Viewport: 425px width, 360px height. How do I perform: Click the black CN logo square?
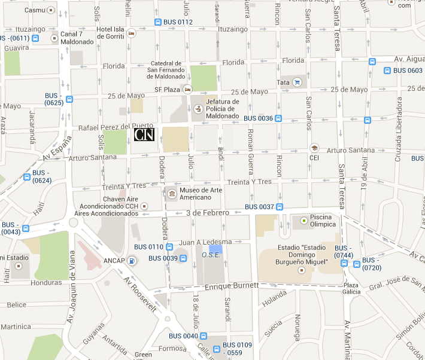tap(144, 135)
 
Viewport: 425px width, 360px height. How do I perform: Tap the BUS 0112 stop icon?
tap(157, 22)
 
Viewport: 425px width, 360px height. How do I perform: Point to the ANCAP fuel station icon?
tap(132, 260)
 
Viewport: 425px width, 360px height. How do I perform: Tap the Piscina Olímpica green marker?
tap(304, 221)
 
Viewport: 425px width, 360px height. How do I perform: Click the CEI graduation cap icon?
tap(314, 147)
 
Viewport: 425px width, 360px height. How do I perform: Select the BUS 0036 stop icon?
tap(279, 118)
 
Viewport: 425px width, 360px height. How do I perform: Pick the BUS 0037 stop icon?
tap(280, 207)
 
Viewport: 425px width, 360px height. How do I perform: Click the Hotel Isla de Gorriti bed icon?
tap(131, 34)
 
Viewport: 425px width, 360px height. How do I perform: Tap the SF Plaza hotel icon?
tap(187, 90)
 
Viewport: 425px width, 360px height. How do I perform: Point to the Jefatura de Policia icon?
tap(198, 109)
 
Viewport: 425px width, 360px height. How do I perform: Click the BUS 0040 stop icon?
tap(204, 336)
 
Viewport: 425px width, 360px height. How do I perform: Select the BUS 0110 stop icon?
tap(169, 247)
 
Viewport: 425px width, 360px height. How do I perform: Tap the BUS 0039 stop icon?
tap(183, 258)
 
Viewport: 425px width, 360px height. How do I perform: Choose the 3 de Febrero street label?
tap(208, 212)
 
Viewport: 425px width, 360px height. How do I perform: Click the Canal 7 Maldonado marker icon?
tap(54, 38)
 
